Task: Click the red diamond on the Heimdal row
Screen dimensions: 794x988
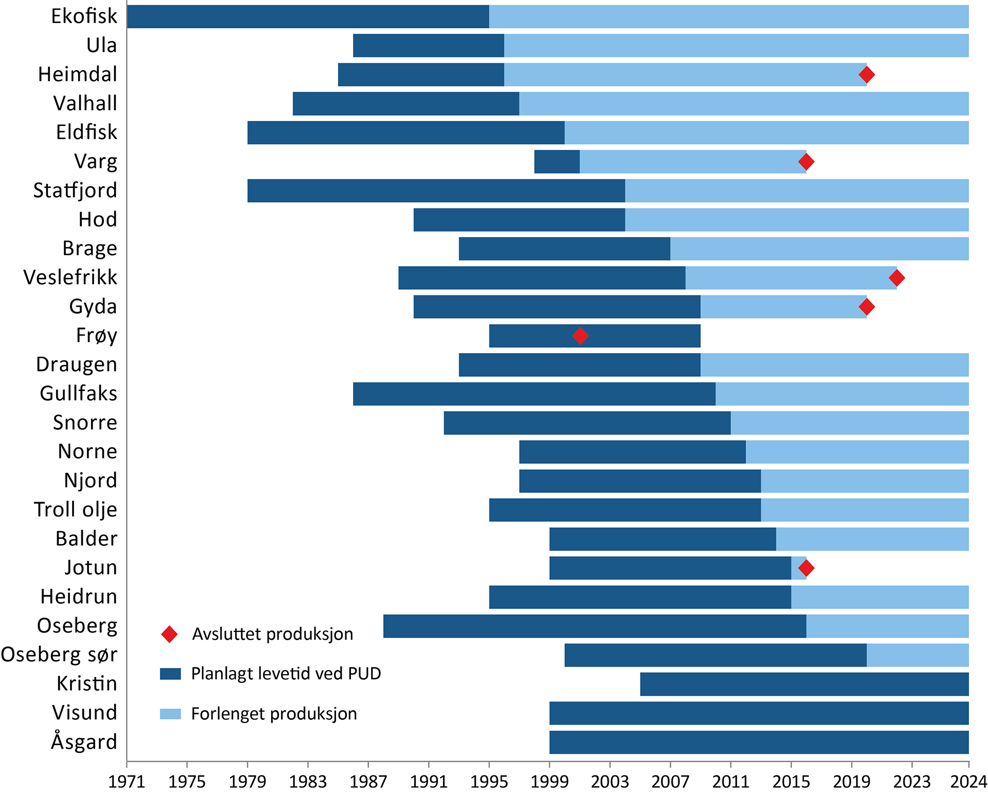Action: coord(867,75)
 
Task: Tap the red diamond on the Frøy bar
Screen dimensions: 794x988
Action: coord(580,336)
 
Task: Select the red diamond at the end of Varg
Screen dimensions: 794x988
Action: coord(806,162)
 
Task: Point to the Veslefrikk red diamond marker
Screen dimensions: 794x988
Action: coord(897,278)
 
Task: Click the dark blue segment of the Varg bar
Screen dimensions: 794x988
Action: coord(557,162)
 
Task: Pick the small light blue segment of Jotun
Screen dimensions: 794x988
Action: coord(798,568)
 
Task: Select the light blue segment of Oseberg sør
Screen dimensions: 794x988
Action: coord(918,655)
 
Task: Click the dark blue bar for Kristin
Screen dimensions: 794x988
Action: coord(804,684)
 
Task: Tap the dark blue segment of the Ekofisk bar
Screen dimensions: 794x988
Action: coord(308,16)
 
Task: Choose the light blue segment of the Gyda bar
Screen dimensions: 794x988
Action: coord(783,307)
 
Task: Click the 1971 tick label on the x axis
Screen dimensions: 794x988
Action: coord(127,782)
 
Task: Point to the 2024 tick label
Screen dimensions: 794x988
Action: coord(968,782)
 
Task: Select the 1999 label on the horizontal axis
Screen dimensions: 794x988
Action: coord(550,782)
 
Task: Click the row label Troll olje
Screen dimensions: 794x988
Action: coord(76,509)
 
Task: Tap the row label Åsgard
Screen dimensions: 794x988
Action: coord(84,742)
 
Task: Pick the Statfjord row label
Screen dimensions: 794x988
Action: coord(75,190)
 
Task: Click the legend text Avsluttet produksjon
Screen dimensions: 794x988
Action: coord(273,634)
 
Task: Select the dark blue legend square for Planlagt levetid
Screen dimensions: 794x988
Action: coord(170,674)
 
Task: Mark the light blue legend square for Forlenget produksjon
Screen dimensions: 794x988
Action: coord(170,714)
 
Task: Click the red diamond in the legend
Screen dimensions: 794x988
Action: coord(169,634)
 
